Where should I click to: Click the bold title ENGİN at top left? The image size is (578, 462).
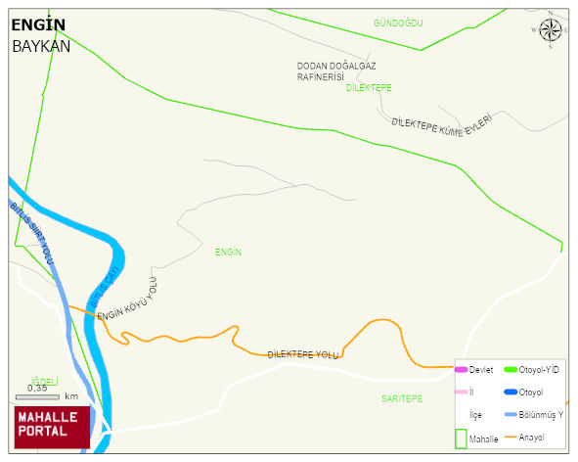39,25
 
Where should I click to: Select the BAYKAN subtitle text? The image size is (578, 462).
41,46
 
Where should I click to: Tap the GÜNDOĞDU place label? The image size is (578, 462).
397,23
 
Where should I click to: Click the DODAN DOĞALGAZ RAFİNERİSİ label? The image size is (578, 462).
332,71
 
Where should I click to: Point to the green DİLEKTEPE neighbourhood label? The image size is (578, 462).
369,88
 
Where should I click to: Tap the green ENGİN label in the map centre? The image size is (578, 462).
228,253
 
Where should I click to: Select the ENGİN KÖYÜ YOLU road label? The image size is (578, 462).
127,301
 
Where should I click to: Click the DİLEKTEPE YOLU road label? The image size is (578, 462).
302,354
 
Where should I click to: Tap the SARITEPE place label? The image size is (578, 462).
402,399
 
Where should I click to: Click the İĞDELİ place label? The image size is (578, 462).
46,382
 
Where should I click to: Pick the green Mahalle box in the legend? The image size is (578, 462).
462,439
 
